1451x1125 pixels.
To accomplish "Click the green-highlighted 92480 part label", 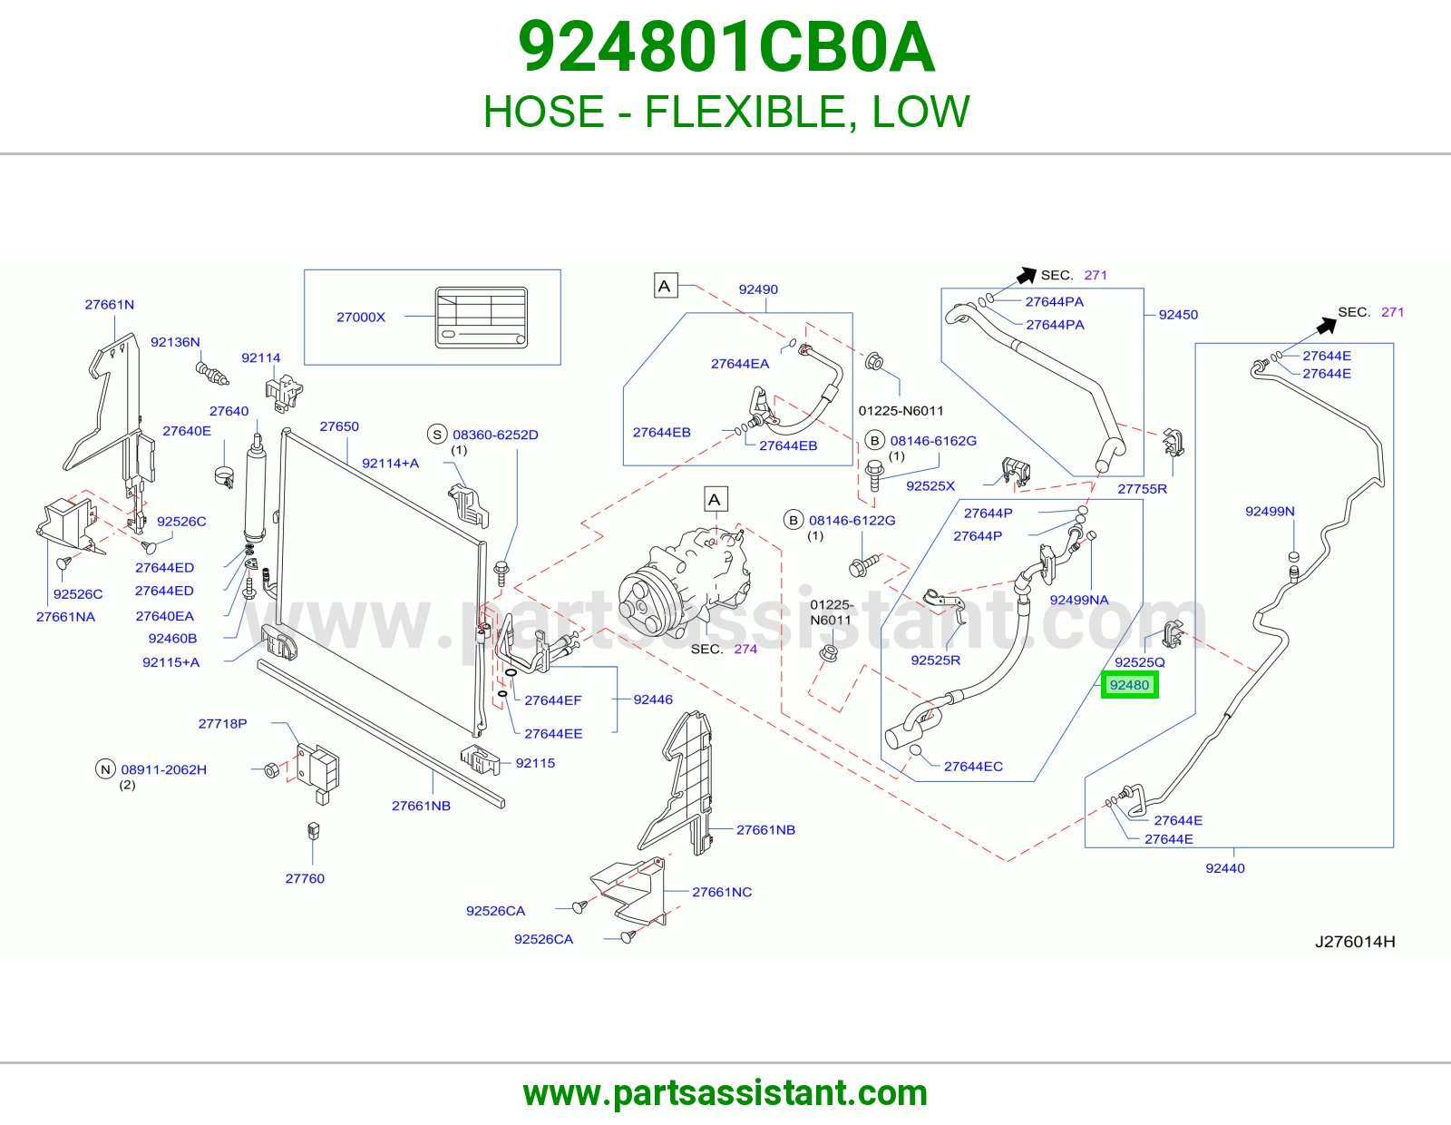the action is (1129, 685).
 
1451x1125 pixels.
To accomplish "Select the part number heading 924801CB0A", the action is (725, 47).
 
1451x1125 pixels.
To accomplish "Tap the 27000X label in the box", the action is (361, 318).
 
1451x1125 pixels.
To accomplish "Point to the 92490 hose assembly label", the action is (758, 289).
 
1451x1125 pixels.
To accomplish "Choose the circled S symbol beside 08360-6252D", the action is (437, 435).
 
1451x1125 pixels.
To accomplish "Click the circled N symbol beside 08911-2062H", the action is (105, 769).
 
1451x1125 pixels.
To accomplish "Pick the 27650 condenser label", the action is (339, 426).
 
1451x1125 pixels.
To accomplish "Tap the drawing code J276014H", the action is (1355, 942).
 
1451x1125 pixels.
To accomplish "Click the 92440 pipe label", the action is (1224, 868).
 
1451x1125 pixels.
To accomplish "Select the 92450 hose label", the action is (1178, 315).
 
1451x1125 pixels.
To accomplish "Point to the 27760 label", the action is (305, 878).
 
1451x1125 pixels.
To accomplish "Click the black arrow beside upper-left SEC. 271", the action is (1027, 275).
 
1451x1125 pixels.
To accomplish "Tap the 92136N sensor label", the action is (175, 342).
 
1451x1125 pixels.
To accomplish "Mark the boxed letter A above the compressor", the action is (716, 499).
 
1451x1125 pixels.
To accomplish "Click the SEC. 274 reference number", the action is (745, 649).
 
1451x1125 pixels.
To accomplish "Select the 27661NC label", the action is (722, 892).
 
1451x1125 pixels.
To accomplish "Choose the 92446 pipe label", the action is (652, 699).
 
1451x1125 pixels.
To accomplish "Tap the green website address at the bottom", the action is (725, 1093).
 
